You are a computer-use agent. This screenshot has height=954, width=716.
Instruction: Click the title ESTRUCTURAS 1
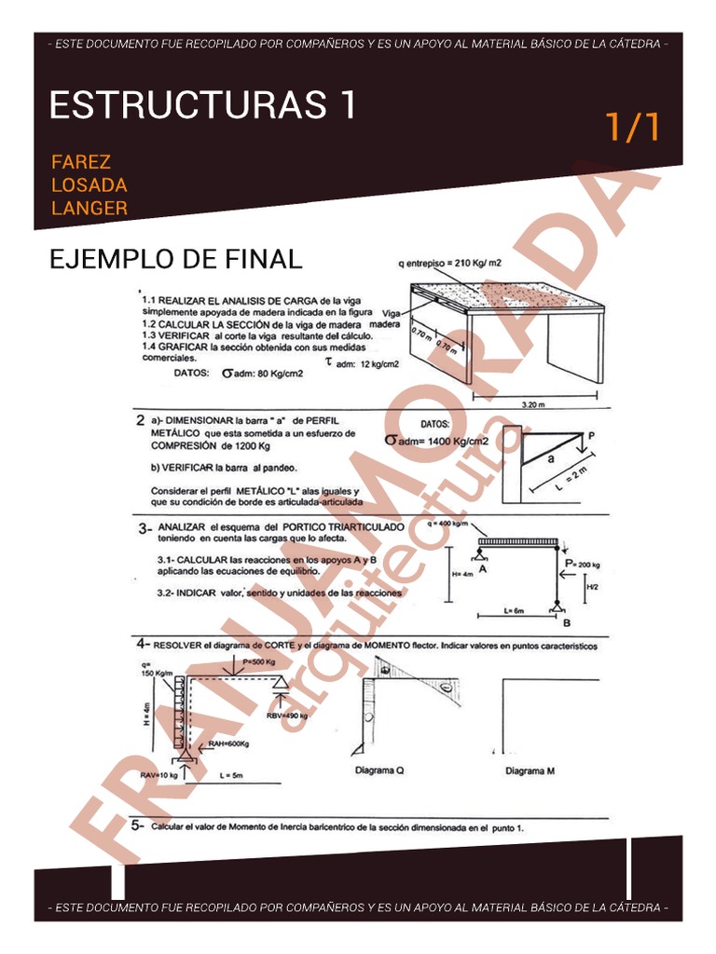[x=202, y=105]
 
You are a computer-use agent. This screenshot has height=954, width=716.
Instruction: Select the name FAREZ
[x=81, y=163]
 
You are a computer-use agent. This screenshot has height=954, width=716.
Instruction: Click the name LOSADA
[x=89, y=185]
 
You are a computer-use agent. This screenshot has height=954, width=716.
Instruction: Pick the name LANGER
[x=89, y=208]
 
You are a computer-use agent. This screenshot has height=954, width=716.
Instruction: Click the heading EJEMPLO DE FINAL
[x=175, y=259]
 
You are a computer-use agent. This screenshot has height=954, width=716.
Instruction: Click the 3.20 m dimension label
[x=535, y=404]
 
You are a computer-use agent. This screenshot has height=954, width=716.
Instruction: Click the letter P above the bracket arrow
[x=591, y=434]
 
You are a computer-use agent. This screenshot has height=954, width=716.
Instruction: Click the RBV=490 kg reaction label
[x=288, y=715]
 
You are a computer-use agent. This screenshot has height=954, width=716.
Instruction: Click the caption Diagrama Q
[x=379, y=770]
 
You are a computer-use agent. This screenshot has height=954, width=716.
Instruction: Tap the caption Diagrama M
[x=530, y=770]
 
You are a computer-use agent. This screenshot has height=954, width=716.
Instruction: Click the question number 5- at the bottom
[x=137, y=825]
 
